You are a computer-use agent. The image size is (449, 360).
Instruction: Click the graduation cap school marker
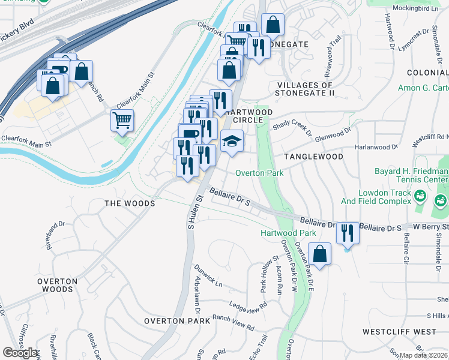pos(232,142)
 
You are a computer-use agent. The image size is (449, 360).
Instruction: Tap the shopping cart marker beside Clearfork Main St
pos(122,121)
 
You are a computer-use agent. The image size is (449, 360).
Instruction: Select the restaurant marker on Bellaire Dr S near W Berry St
pos(347,233)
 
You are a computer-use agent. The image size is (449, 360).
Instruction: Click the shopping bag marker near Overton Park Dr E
pos(321,253)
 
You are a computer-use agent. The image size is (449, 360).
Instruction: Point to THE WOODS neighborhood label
pos(130,204)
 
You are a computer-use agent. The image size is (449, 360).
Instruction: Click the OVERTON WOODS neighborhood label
pos(55,285)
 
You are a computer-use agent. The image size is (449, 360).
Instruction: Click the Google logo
pos(21,353)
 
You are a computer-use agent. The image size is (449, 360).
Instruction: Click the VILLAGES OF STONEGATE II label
pos(304,89)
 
